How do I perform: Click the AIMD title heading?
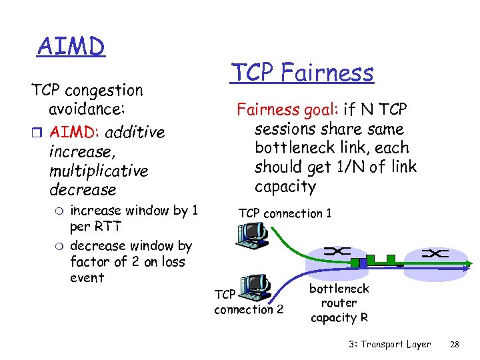[71, 47]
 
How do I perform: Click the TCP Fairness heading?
[301, 72]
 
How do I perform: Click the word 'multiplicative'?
[98, 171]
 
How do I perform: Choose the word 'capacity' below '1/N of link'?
[285, 186]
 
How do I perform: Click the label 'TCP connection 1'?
[285, 213]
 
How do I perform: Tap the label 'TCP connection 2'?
[248, 302]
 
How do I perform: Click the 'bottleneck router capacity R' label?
[339, 303]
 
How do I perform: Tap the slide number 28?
[455, 344]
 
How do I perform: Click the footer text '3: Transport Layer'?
[389, 344]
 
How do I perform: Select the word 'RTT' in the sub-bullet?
[107, 227]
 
